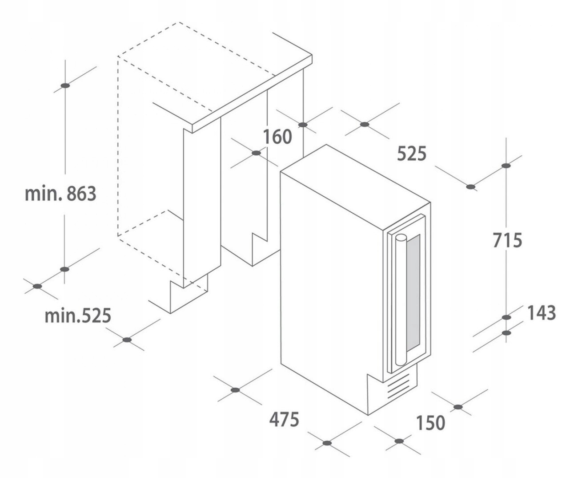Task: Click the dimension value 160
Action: click(x=277, y=136)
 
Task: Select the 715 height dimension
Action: click(x=507, y=240)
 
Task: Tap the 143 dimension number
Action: click(x=542, y=313)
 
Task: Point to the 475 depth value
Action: click(x=284, y=419)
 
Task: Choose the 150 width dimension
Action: click(x=431, y=422)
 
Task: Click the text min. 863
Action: click(x=60, y=194)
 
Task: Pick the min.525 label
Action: click(x=77, y=316)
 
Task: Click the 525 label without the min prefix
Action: click(x=411, y=154)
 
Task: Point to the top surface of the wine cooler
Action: click(x=356, y=178)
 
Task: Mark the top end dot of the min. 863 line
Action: click(x=65, y=85)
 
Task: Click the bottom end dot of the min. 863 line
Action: click(x=65, y=269)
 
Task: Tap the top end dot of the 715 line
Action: click(x=506, y=166)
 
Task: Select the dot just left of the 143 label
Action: click(x=506, y=317)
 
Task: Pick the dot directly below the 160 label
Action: click(x=256, y=153)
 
